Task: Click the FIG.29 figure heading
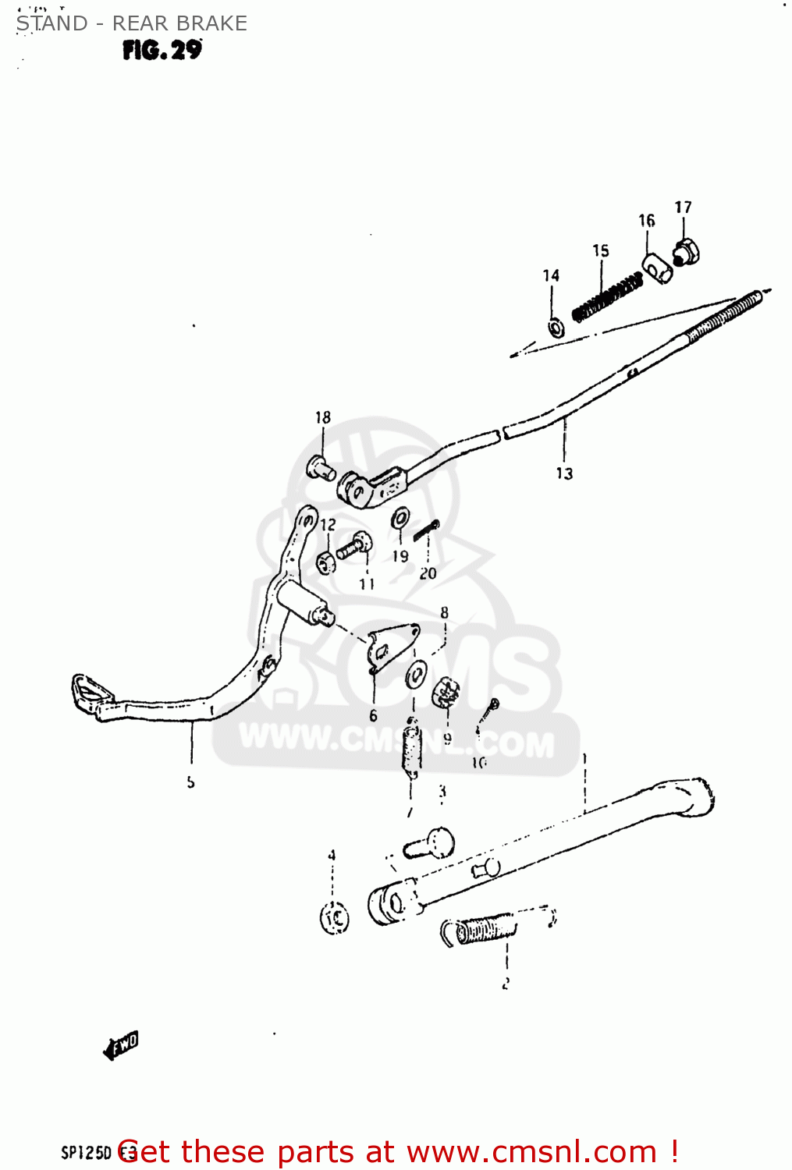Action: point(162,51)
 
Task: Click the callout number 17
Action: point(683,207)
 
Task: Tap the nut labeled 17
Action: point(686,251)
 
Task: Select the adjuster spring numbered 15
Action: point(608,297)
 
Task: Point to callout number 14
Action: point(551,275)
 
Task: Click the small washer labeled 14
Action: point(556,328)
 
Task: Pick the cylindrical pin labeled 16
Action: point(657,268)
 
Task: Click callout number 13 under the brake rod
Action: point(564,473)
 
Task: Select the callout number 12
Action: point(328,525)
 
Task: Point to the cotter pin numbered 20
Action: point(427,530)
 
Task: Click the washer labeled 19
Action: point(401,518)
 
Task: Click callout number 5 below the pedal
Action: point(191,782)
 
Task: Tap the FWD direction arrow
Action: point(121,1045)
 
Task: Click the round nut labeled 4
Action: point(335,918)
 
